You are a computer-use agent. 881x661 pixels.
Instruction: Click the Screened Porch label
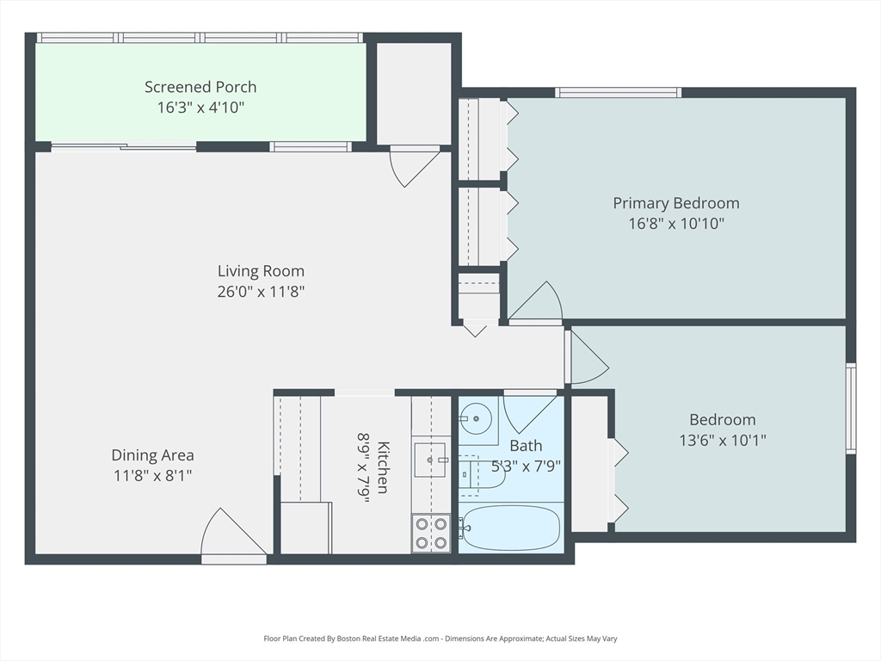pos(200,87)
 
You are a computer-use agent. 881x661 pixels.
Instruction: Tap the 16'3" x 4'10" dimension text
pos(200,108)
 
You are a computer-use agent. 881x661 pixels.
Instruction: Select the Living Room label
pos(261,271)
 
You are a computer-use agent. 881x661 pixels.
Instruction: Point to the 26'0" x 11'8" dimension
pos(261,292)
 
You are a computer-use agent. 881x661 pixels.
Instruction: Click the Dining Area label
pos(152,455)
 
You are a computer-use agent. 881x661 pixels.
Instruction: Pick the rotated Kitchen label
pos(383,467)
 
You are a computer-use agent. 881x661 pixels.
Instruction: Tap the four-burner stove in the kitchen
pos(430,533)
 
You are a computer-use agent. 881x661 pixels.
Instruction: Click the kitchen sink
pos(430,460)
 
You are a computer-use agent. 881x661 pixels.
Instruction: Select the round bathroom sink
pos(474,421)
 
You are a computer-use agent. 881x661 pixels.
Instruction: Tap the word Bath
pos(526,446)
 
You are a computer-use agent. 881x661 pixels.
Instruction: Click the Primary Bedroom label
pos(675,203)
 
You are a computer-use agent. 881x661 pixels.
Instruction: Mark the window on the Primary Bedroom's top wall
pos(618,92)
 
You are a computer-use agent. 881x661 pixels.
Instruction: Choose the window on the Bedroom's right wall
pos(850,408)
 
